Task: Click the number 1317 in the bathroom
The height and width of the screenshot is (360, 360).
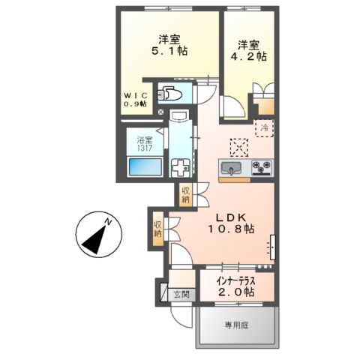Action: click(x=143, y=149)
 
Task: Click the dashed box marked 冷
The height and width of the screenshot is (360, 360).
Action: click(x=263, y=127)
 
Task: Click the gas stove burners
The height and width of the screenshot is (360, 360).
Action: click(x=260, y=167)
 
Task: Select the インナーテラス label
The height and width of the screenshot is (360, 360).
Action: click(x=235, y=281)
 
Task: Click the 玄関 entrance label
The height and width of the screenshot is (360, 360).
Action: click(x=181, y=293)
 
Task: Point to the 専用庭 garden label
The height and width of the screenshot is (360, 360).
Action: click(x=237, y=325)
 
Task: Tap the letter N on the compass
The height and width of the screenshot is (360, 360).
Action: click(x=108, y=223)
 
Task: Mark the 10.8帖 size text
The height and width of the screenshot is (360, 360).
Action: click(x=232, y=226)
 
